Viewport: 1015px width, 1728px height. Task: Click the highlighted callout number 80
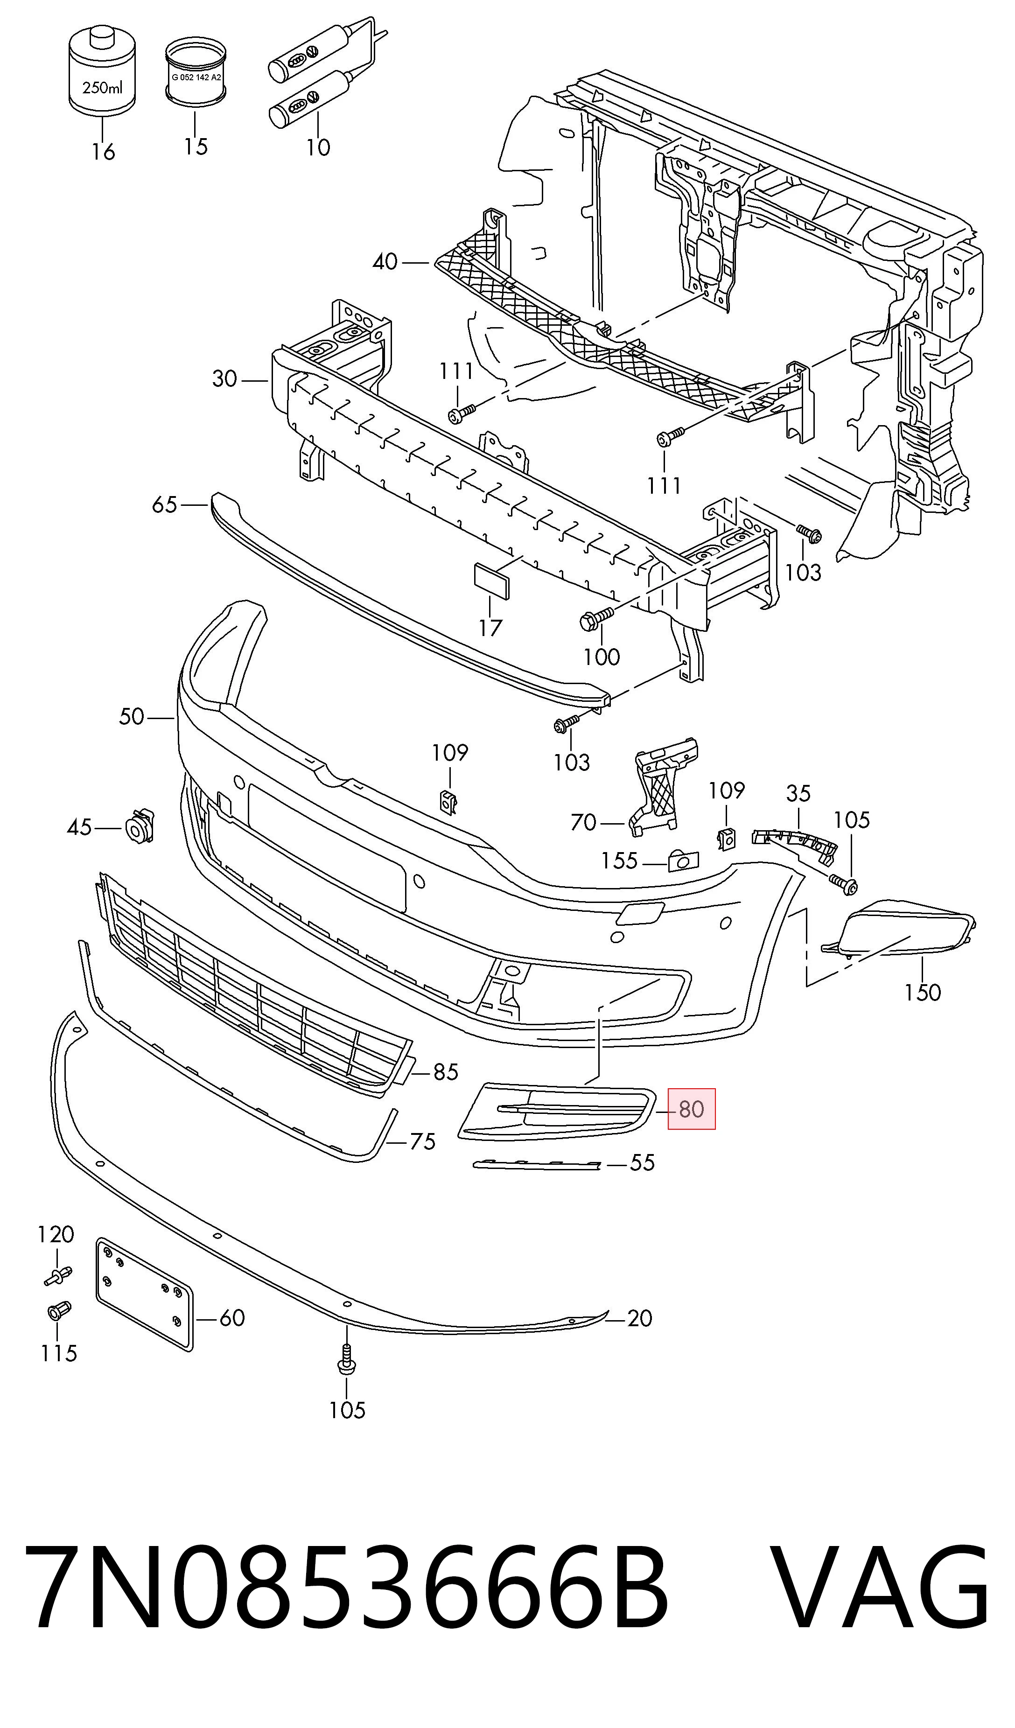click(691, 1109)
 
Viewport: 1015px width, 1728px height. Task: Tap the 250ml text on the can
click(103, 87)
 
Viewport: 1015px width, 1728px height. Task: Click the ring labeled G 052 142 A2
click(196, 73)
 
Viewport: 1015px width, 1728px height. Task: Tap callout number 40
click(385, 261)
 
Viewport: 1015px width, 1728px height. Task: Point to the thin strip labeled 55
click(537, 1164)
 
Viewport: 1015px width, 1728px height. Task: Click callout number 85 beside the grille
click(446, 1071)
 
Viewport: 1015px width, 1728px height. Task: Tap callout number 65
click(165, 505)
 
